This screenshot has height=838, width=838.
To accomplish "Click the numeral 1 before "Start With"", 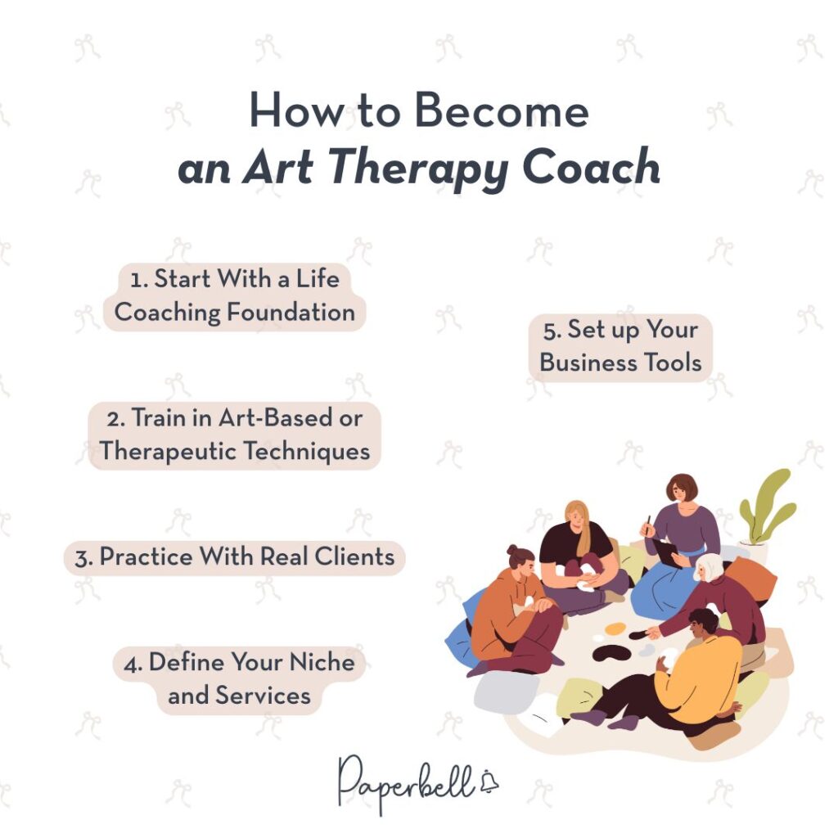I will (137, 279).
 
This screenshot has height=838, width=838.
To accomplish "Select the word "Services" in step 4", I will (263, 695).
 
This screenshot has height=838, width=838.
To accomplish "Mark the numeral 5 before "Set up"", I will (551, 330).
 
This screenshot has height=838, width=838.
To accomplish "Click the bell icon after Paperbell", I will (489, 782).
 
